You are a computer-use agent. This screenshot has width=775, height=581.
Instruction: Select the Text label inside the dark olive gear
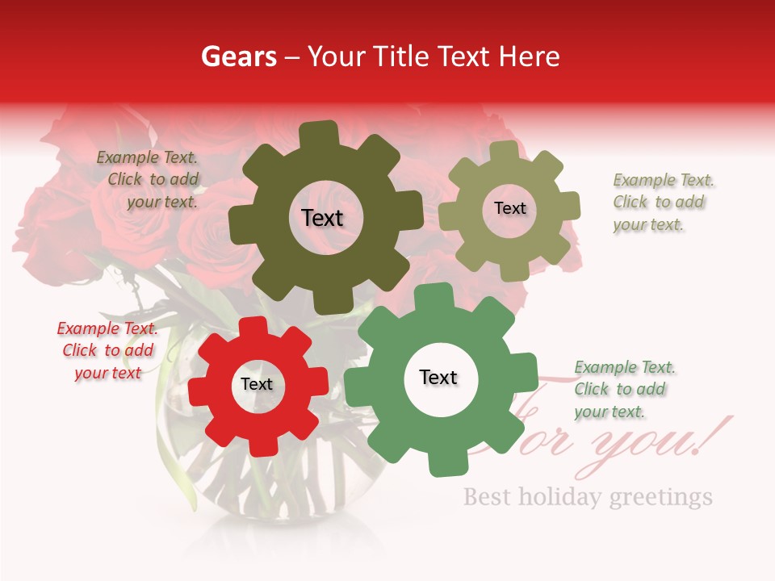pos(322,218)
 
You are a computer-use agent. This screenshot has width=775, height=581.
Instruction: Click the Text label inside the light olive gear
pos(509,208)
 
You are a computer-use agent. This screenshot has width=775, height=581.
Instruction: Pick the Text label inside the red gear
pos(257,384)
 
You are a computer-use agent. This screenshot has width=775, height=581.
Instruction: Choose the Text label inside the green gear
pos(438,377)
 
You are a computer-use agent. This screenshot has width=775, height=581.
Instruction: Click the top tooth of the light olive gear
pos(505,152)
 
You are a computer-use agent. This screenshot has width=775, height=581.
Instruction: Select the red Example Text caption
pos(107,350)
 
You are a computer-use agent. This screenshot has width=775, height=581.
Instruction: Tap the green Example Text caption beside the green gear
pos(624,389)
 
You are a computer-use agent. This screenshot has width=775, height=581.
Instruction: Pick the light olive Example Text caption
pos(662,202)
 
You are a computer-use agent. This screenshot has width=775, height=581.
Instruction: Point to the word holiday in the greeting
pos(563,495)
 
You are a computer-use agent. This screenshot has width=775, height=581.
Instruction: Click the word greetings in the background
pos(661,496)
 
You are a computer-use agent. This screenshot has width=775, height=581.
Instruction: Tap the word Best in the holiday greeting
pos(487,495)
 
